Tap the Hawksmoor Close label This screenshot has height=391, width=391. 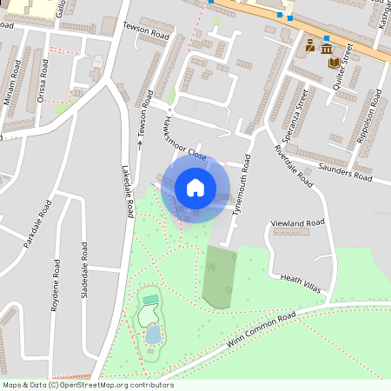[184, 140]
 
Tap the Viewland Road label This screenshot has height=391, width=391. [298, 223]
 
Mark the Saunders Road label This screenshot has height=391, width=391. [345, 172]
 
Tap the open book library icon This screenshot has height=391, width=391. [335, 63]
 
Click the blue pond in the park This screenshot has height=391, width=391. [153, 335]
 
